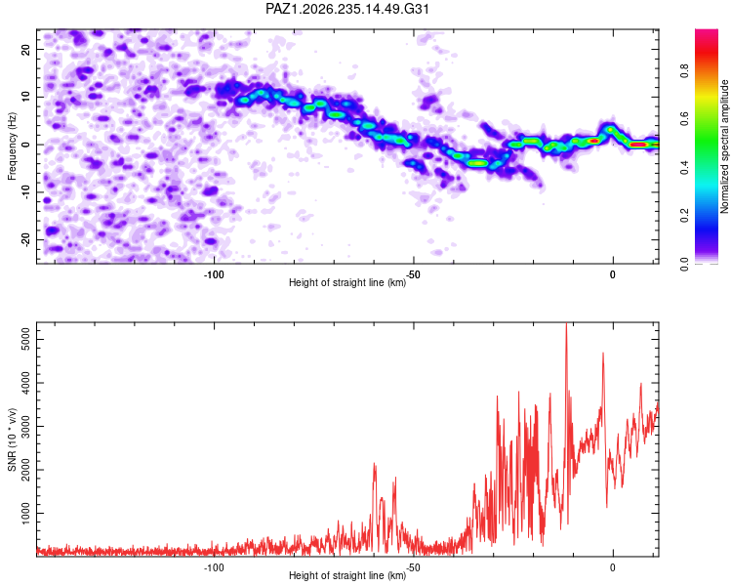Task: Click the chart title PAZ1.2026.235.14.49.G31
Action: (x=347, y=9)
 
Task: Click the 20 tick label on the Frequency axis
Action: (x=26, y=50)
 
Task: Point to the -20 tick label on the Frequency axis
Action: (x=26, y=239)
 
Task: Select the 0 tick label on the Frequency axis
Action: (x=26, y=145)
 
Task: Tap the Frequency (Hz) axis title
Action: (x=12, y=146)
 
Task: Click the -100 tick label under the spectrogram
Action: (x=214, y=274)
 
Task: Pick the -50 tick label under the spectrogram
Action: (x=413, y=274)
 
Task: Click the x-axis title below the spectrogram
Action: (x=347, y=282)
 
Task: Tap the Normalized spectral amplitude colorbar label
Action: (x=724, y=146)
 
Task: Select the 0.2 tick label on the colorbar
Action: (x=685, y=216)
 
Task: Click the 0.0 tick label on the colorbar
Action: (x=685, y=264)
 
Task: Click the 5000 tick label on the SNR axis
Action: (x=26, y=340)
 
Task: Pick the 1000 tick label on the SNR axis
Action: (x=26, y=513)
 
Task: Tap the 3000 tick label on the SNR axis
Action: (x=26, y=426)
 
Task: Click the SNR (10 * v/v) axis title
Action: (x=12, y=439)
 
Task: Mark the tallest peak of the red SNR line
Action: (x=566, y=324)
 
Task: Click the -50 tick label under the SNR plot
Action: (x=413, y=567)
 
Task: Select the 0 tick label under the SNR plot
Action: (x=613, y=567)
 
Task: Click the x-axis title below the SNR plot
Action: (x=347, y=575)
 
